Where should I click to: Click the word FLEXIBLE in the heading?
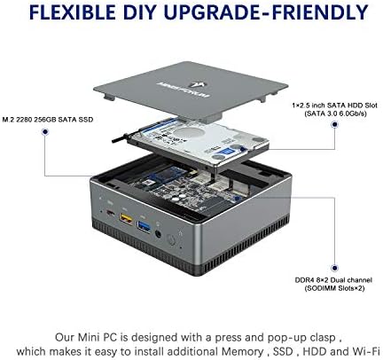click(73, 12)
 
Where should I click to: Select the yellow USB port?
click(126, 218)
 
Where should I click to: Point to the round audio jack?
click(158, 234)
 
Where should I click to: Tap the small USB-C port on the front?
click(110, 213)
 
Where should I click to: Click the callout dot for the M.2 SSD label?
click(45, 132)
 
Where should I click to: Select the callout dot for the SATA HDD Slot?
click(335, 124)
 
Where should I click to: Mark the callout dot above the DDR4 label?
click(334, 268)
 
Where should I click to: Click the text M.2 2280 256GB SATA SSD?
click(48, 120)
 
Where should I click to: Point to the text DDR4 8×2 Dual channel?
click(333, 280)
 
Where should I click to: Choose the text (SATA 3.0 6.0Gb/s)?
click(335, 113)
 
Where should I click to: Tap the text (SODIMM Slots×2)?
click(334, 288)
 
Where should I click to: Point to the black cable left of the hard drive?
click(121, 139)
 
